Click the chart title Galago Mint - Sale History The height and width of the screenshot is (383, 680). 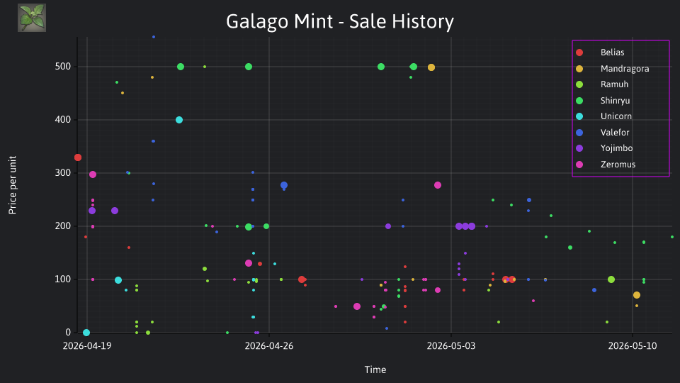click(x=339, y=21)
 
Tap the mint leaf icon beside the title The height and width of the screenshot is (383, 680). click(x=32, y=18)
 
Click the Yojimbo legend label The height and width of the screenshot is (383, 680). click(x=616, y=148)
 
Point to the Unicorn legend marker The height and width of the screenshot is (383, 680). click(x=579, y=116)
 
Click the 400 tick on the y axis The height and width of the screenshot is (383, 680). click(x=63, y=119)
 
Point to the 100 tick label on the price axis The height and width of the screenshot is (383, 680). click(x=63, y=279)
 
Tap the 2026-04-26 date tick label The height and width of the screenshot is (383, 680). click(x=269, y=345)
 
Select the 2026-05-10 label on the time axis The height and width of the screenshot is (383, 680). click(x=633, y=345)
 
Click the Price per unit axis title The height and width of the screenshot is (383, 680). click(x=13, y=185)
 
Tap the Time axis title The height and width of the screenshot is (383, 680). click(x=375, y=370)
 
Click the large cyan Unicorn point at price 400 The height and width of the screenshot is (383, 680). click(x=179, y=120)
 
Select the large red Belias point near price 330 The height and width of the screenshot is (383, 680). click(x=78, y=157)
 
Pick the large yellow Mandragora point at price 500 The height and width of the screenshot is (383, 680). click(x=431, y=67)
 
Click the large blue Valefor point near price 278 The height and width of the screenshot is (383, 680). click(x=284, y=185)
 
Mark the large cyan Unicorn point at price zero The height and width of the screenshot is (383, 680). click(x=86, y=333)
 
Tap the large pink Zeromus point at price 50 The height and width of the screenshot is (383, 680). click(x=357, y=306)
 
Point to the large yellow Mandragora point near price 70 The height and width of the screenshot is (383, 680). click(x=637, y=295)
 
